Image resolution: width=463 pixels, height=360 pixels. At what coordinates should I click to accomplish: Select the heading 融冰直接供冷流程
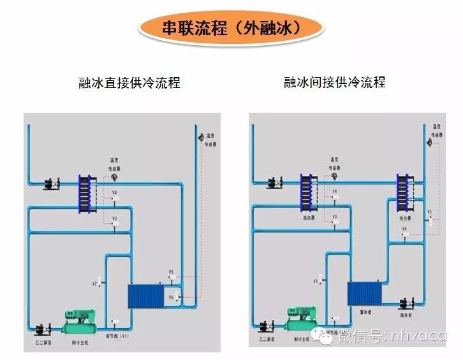129,83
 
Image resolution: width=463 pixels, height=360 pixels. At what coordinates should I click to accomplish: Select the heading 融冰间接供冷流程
335,83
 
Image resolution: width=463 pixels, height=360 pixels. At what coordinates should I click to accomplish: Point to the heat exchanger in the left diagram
86,191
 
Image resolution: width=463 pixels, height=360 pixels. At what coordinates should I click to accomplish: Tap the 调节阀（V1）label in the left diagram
115,336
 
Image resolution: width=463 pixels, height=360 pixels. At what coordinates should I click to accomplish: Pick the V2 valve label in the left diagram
94,284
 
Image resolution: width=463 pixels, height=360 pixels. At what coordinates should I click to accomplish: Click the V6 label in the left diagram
171,297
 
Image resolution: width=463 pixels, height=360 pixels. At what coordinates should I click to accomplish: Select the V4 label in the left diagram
114,192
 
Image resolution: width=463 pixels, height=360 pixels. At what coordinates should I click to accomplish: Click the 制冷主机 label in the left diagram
80,342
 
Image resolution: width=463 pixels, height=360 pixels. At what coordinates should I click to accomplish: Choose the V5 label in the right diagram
429,212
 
